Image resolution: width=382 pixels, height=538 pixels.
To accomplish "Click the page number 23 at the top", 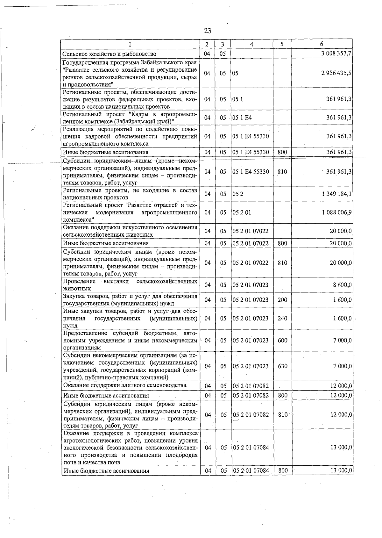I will pyautogui.click(x=207, y=31).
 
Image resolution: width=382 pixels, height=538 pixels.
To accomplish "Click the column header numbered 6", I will pyautogui.click(x=322, y=44).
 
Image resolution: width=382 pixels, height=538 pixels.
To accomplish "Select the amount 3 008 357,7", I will pyautogui.click(x=336, y=54).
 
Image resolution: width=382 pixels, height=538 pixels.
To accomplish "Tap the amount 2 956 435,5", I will pyautogui.click(x=336, y=73).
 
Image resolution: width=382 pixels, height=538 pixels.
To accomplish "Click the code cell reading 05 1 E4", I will pyautogui.click(x=242, y=118).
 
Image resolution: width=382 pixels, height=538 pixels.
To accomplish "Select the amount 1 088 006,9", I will pyautogui.click(x=337, y=212).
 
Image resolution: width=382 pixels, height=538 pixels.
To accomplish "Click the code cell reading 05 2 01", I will pyautogui.click(x=242, y=212).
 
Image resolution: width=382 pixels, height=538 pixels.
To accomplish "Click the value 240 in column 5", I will pyautogui.click(x=282, y=318).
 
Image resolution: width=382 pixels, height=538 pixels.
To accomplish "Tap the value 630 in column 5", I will pyautogui.click(x=282, y=366).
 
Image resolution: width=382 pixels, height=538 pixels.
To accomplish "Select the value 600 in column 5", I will pyautogui.click(x=282, y=340).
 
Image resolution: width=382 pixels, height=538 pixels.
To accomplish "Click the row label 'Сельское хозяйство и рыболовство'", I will pyautogui.click(x=110, y=54).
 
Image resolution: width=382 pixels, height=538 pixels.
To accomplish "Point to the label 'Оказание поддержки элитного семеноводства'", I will pyautogui.click(x=125, y=385).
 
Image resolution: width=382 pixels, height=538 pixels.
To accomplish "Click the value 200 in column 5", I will pyautogui.click(x=282, y=300).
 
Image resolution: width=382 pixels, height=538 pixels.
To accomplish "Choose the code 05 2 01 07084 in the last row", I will pyautogui.click(x=251, y=470).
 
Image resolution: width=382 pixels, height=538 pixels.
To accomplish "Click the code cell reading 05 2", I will pyautogui.click(x=238, y=194).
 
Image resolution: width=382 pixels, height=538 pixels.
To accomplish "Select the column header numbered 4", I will pyautogui.click(x=251, y=44).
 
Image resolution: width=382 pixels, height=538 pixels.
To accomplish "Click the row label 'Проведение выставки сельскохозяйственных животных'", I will pyautogui.click(x=130, y=285).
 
